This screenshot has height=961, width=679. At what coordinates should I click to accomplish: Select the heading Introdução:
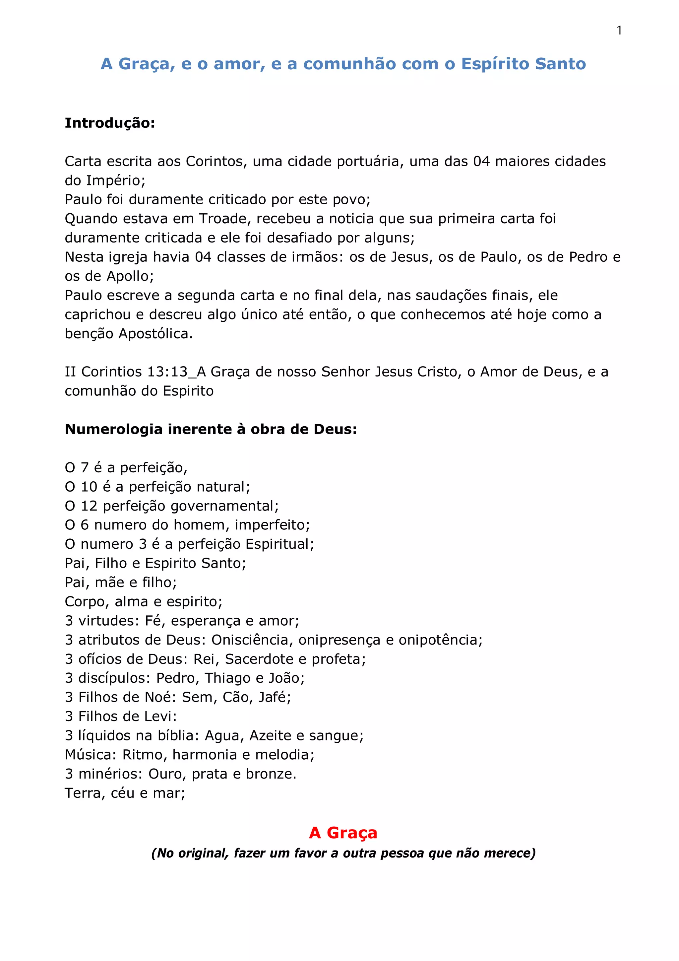(x=110, y=123)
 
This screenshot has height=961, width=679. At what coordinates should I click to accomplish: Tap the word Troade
(x=223, y=219)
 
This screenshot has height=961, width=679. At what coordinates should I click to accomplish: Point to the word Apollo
(x=128, y=276)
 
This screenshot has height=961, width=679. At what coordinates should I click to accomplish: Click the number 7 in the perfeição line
(x=85, y=467)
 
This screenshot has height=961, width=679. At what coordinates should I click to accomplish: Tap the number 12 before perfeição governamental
(x=89, y=506)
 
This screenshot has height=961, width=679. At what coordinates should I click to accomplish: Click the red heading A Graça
(x=343, y=833)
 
